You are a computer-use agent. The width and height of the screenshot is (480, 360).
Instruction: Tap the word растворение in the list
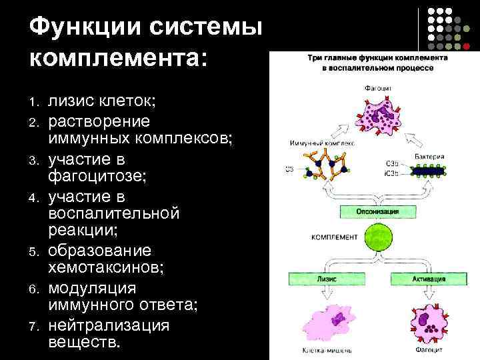pyautogui.click(x=99, y=121)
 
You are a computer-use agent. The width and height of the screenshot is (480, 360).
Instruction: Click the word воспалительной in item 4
pyautogui.click(x=114, y=215)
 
